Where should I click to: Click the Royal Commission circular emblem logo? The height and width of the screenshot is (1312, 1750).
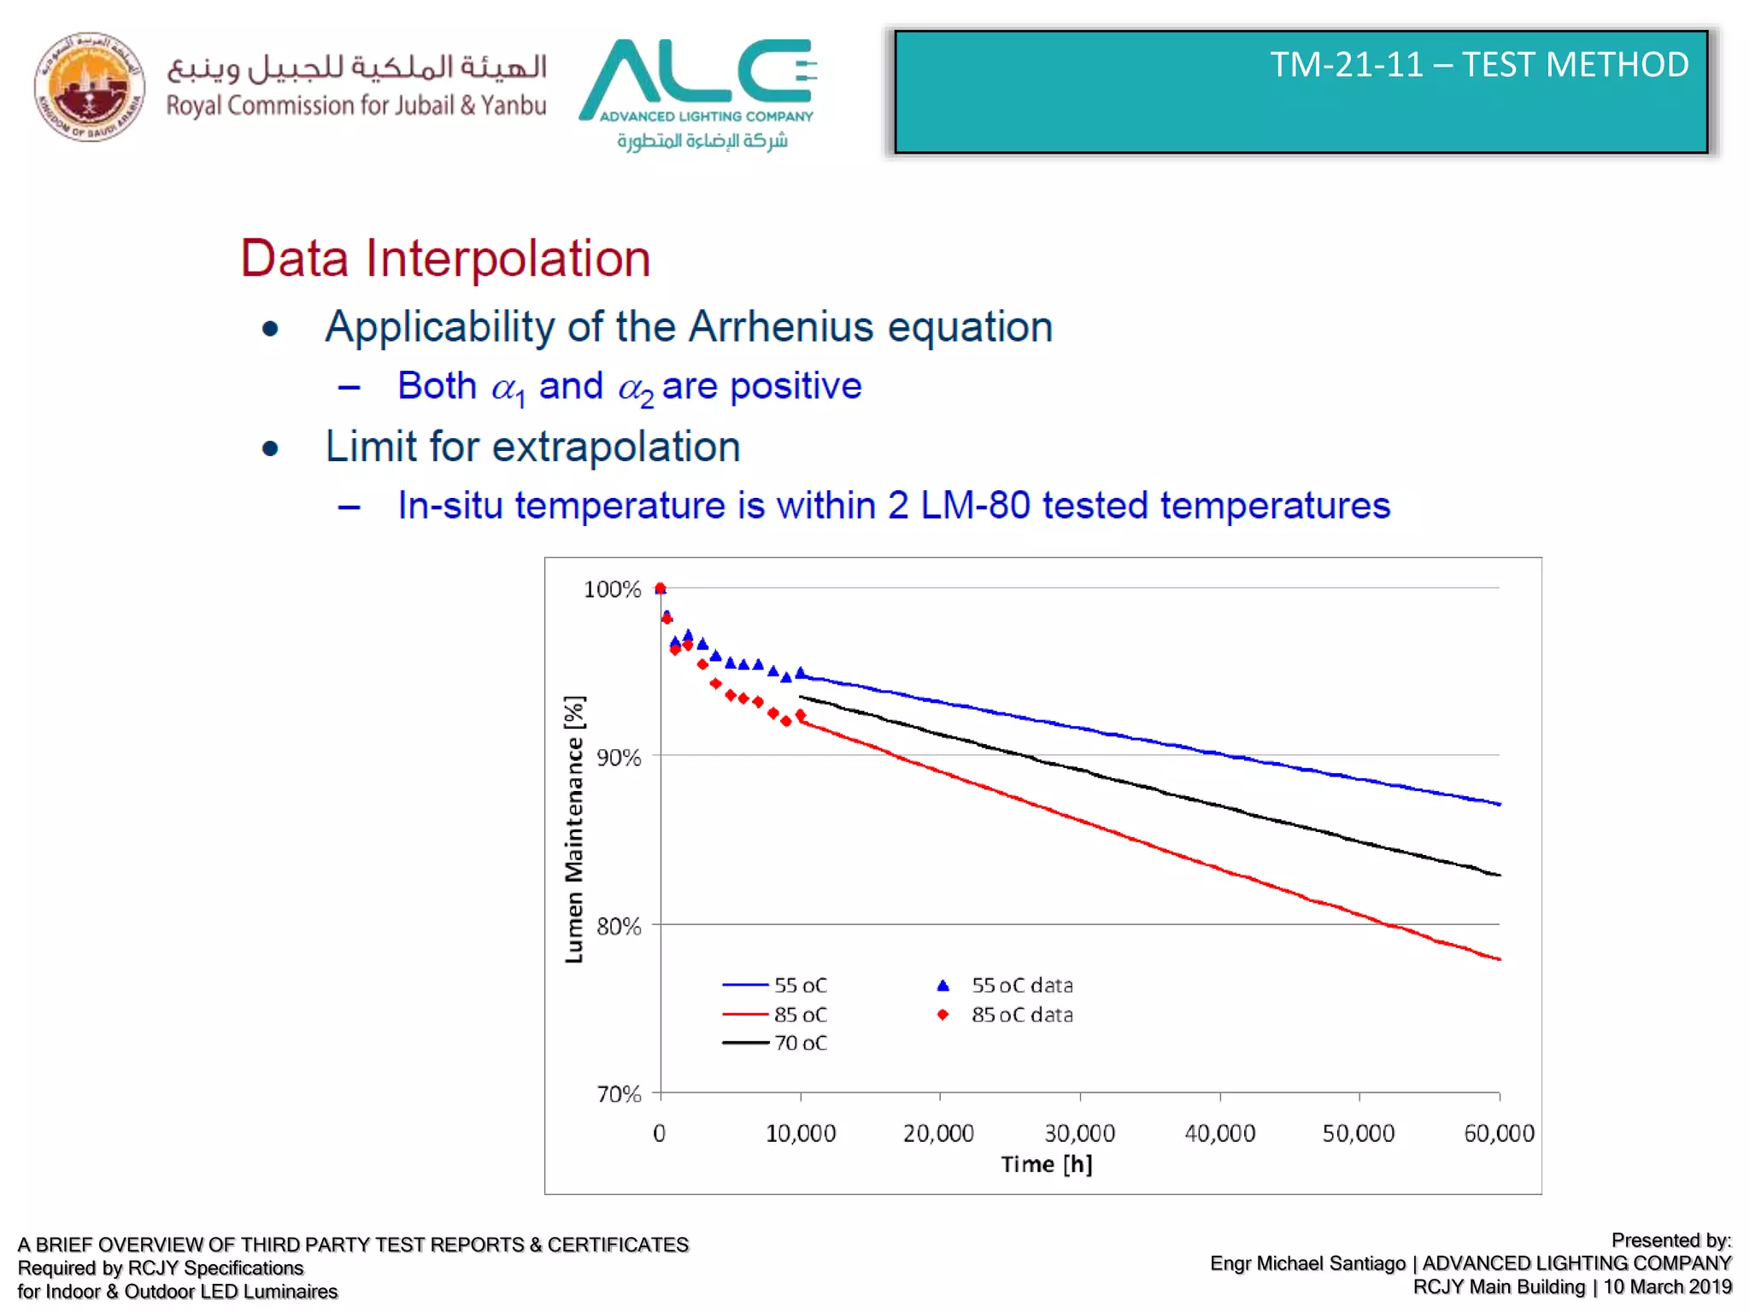[89, 87]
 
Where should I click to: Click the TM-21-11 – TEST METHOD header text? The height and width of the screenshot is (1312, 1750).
[1478, 65]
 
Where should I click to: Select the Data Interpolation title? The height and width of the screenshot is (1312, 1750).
[445, 258]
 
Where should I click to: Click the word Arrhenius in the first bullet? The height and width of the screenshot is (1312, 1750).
[781, 327]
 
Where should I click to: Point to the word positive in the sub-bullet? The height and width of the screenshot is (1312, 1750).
[796, 386]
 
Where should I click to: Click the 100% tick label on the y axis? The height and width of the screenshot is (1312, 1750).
[612, 589]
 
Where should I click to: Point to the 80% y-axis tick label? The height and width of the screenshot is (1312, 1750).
[619, 926]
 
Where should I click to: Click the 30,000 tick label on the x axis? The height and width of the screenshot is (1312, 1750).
[1079, 1133]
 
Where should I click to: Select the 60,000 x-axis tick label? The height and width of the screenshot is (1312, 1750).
[1499, 1133]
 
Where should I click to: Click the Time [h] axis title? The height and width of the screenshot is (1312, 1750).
[1046, 1164]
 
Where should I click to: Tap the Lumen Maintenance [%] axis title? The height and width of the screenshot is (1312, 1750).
[574, 829]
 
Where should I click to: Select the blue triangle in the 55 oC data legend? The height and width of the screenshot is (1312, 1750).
[943, 986]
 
